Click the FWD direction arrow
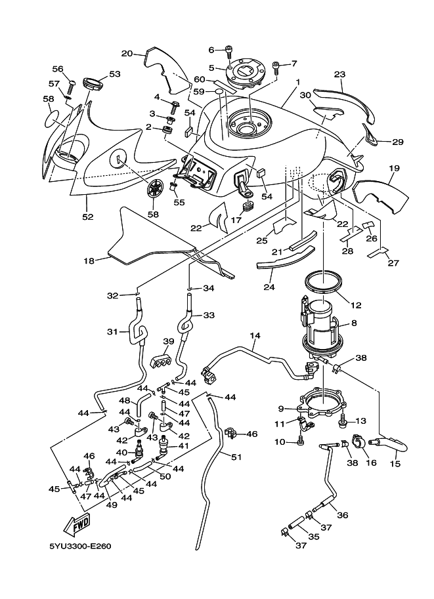pos(77,525)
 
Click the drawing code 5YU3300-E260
pos(79,563)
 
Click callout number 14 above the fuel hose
pos(255,336)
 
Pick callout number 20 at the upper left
pos(127,53)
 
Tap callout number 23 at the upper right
pos(339,75)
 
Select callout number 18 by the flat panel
pos(90,260)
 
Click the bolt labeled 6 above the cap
pos(228,49)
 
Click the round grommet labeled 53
pos(93,84)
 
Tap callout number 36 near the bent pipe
pos(342,516)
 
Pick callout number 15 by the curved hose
pos(395,464)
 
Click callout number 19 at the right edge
pos(393,169)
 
